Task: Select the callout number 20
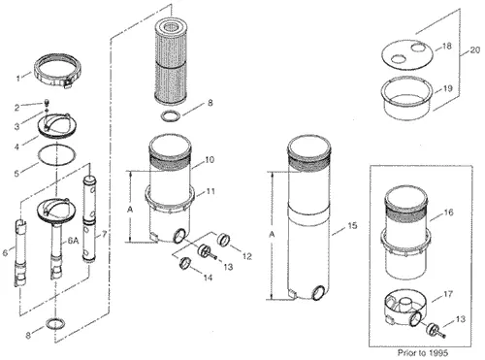pyautogui.click(x=474, y=50)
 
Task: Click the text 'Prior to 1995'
pyautogui.click(x=423, y=352)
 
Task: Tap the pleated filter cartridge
pyautogui.click(x=171, y=61)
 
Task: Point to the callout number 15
pyautogui.click(x=352, y=225)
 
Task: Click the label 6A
pyautogui.click(x=73, y=240)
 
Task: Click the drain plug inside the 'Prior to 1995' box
pyautogui.click(x=435, y=331)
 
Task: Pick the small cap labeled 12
pyautogui.click(x=222, y=240)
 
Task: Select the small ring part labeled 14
pyautogui.click(x=184, y=262)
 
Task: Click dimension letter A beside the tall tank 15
pyautogui.click(x=273, y=235)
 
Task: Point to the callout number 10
pyautogui.click(x=210, y=160)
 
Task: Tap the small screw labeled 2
pyautogui.click(x=47, y=103)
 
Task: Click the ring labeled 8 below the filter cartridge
pyautogui.click(x=171, y=116)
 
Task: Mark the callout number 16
pyautogui.click(x=448, y=213)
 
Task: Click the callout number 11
pyautogui.click(x=210, y=191)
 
